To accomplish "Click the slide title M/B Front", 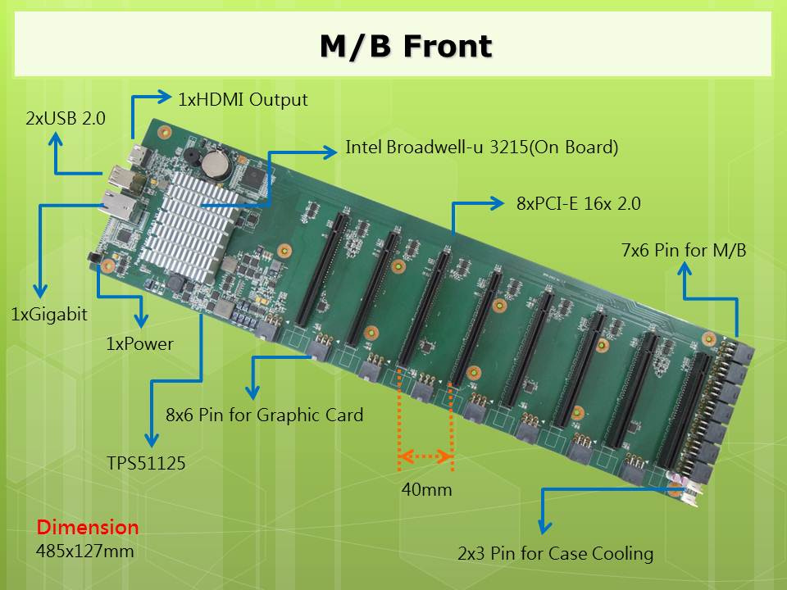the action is tap(406, 47).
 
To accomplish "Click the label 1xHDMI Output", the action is tap(243, 100).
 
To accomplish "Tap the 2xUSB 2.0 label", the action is tap(66, 118).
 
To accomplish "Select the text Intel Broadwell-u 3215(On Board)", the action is tap(482, 147).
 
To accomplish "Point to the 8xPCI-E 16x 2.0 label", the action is tap(578, 203).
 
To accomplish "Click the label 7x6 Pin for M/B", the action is tap(684, 250).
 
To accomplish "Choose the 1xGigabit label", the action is tap(49, 315).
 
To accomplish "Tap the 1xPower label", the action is tap(139, 343).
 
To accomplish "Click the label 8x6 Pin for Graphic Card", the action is tap(265, 415).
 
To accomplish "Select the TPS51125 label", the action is tap(146, 462).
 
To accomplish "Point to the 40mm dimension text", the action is tap(426, 489).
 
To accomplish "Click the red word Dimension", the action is tap(88, 527).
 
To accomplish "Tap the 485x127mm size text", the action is tap(84, 551).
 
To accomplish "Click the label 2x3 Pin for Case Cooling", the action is tap(556, 553).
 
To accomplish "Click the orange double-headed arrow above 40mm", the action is tap(425, 456).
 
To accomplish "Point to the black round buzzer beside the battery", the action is tap(191, 155).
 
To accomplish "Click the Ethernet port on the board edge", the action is tap(120, 206).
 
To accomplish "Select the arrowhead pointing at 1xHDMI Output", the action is tap(164, 97).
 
